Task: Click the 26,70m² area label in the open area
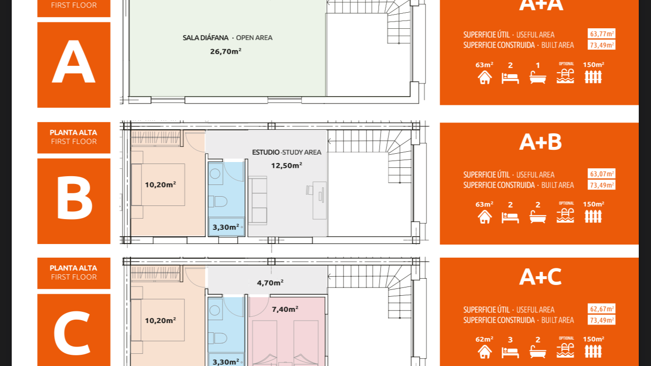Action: coord(226,51)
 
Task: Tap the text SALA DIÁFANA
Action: coord(205,38)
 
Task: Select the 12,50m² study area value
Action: coord(286,165)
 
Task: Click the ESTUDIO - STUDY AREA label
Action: coord(286,152)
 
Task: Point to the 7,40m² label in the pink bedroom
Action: coord(285,309)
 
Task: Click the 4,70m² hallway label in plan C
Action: coord(270,283)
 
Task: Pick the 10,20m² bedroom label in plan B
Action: coord(161,184)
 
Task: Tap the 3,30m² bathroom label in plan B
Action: coord(226,227)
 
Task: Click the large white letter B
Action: coord(75,198)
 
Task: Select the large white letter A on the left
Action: coord(74,61)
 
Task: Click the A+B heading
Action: coord(540,142)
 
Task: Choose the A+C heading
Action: coord(540,277)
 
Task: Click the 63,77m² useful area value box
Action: coord(601,34)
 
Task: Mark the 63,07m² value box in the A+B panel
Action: coord(601,174)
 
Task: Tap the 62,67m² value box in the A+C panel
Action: coord(601,309)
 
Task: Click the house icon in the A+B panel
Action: coord(485,217)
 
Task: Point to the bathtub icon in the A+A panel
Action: coord(538,77)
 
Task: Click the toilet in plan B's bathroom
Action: coord(218,202)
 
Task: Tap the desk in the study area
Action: coord(319,200)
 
